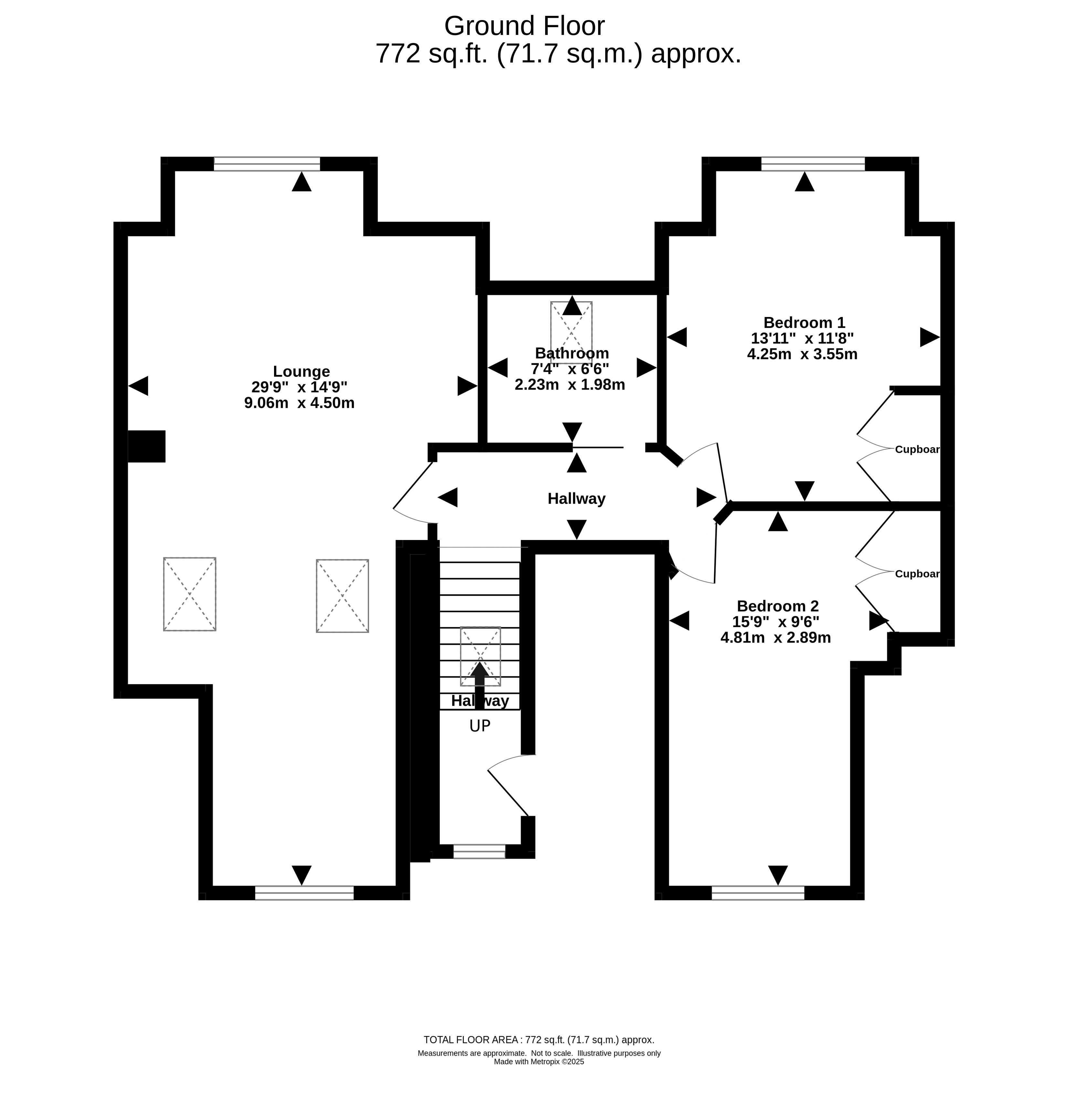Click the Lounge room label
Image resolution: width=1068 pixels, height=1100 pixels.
[x=301, y=372]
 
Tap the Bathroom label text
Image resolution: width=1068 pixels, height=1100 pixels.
[x=572, y=353]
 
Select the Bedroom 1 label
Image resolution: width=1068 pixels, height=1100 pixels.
[x=804, y=323]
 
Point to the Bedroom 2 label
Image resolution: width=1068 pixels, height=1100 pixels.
[x=778, y=606]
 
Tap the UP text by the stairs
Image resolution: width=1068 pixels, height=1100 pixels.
[x=480, y=726]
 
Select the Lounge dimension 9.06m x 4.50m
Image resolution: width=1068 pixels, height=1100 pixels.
[x=299, y=403]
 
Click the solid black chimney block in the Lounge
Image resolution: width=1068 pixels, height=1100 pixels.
[x=146, y=446]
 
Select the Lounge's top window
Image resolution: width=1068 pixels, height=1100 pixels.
[x=267, y=164]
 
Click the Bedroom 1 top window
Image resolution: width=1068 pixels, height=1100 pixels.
[x=813, y=164]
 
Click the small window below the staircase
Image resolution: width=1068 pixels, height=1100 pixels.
[x=479, y=851]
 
